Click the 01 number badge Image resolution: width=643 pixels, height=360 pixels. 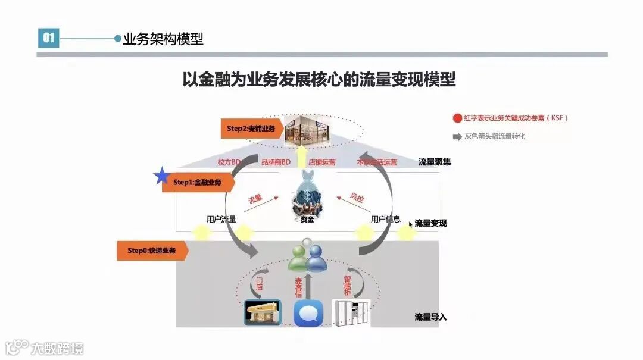click(x=48, y=39)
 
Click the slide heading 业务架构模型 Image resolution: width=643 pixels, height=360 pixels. click(x=163, y=39)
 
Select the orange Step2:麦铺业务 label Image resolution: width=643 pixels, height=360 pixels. click(x=250, y=128)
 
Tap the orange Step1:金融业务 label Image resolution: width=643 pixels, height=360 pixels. click(x=196, y=182)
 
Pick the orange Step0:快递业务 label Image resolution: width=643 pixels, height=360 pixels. click(x=152, y=251)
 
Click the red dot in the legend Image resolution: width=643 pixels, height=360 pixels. click(x=457, y=118)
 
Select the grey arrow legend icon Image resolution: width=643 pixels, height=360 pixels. click(x=457, y=136)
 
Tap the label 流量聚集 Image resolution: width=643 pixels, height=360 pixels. click(x=435, y=162)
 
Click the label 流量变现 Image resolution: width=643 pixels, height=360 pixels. click(x=430, y=223)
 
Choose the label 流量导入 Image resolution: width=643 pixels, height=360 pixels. click(x=430, y=317)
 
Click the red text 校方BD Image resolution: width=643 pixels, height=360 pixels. click(x=229, y=162)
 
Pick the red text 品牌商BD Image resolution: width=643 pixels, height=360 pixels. click(x=276, y=162)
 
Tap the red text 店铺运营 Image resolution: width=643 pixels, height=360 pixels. click(x=321, y=162)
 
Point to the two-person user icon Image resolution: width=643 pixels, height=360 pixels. click(x=307, y=255)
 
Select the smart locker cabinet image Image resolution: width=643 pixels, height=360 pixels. click(x=351, y=312)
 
